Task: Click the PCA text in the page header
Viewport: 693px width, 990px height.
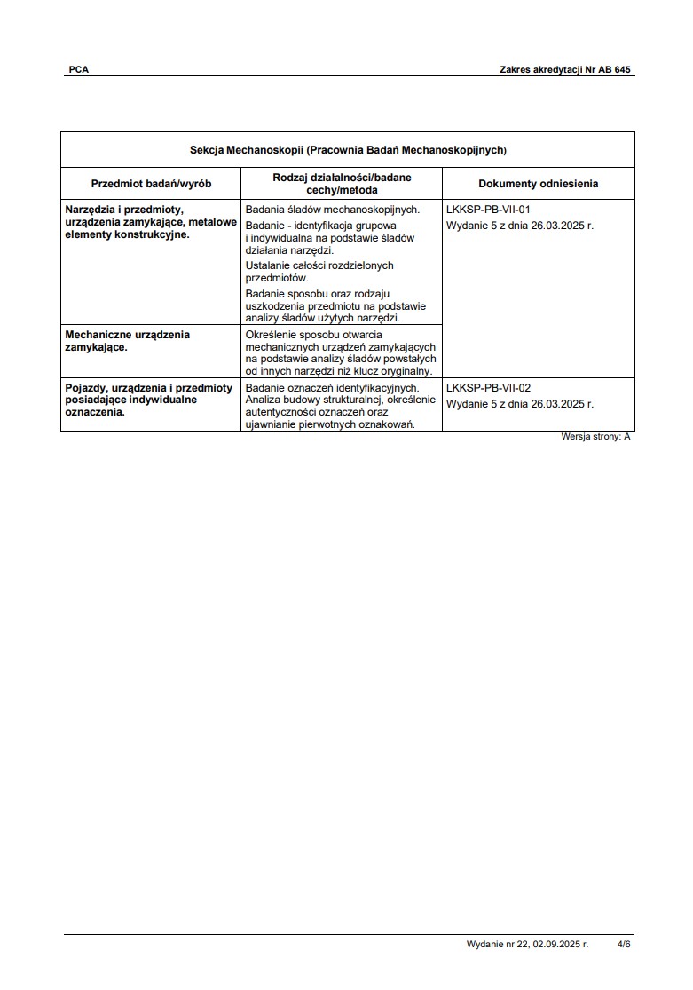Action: (x=79, y=69)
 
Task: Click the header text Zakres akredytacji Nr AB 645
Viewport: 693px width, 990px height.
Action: (x=564, y=69)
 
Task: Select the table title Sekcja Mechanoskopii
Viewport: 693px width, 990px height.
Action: (x=347, y=150)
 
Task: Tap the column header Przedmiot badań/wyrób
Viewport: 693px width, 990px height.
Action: (x=151, y=184)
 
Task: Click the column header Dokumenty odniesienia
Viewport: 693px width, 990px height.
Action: (x=538, y=184)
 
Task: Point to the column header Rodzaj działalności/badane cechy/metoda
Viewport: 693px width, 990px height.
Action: (x=342, y=184)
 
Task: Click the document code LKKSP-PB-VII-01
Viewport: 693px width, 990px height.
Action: (x=488, y=210)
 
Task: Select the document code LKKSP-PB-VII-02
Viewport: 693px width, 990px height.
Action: (x=488, y=388)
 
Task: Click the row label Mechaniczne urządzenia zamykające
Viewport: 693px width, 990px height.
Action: (x=128, y=341)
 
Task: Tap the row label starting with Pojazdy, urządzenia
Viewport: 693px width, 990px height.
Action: (x=149, y=400)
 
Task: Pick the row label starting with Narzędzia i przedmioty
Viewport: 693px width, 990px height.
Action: (x=151, y=222)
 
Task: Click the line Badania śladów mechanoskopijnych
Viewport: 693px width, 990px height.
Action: (x=332, y=210)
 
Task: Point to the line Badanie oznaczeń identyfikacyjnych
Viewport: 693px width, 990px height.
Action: (x=332, y=388)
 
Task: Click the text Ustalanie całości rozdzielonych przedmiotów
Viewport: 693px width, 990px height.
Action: (x=319, y=272)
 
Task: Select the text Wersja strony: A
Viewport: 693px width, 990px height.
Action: (x=595, y=437)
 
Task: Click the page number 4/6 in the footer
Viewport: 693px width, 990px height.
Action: (x=624, y=945)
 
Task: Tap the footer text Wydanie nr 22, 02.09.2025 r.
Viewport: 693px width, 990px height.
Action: (x=527, y=945)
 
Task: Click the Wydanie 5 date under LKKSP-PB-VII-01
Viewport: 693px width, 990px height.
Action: (x=520, y=226)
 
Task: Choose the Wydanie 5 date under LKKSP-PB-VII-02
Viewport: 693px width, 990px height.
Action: (x=520, y=404)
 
